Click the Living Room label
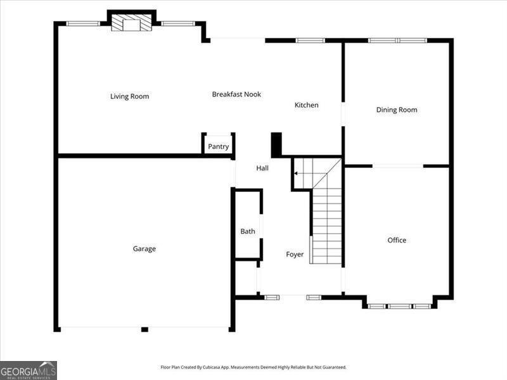point(129,96)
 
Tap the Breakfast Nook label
point(236,94)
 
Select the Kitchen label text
point(306,105)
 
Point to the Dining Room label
point(397,110)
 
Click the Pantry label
point(218,147)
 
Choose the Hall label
point(262,168)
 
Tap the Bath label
point(248,231)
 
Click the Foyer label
point(295,255)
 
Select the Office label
point(397,240)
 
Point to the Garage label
point(144,249)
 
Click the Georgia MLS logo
point(29,370)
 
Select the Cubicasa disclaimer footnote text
point(253,367)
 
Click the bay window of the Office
point(399,306)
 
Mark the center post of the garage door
point(144,329)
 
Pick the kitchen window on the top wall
point(310,41)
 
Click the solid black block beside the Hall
point(276,144)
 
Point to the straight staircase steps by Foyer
point(327,225)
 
